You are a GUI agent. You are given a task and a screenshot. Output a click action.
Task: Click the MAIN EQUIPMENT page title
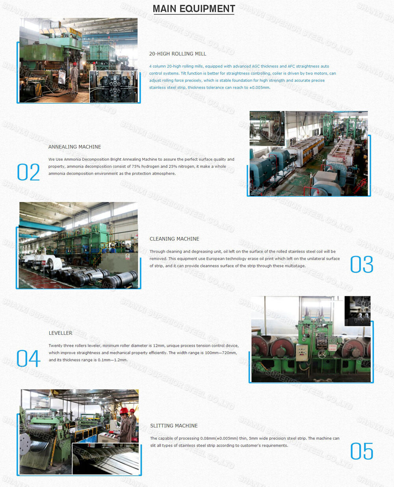coord(194,9)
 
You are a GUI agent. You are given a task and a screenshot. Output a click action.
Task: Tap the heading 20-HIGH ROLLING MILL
coord(178,54)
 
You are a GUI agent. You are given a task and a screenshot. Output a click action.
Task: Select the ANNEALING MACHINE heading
coord(74,147)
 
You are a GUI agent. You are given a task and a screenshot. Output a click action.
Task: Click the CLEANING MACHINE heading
coord(174,239)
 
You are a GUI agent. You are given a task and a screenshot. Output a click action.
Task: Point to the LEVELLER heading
coord(60,333)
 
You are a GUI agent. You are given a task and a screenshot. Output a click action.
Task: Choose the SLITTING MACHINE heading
coord(174,426)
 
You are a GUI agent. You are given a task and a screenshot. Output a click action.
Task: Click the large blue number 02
coord(28,172)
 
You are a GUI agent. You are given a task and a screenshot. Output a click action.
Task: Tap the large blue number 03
coord(362,264)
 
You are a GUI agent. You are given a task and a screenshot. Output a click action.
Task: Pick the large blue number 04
coord(28,358)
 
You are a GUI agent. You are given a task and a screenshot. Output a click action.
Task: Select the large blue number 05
coord(362,451)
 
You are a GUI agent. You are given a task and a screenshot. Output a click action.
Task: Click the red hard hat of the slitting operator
coord(124,411)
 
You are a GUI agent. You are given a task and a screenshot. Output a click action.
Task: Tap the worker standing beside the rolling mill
coord(74,76)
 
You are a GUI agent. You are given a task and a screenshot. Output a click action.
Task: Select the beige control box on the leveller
coord(302,352)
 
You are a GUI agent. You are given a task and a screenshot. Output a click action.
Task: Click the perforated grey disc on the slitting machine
coord(25,444)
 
